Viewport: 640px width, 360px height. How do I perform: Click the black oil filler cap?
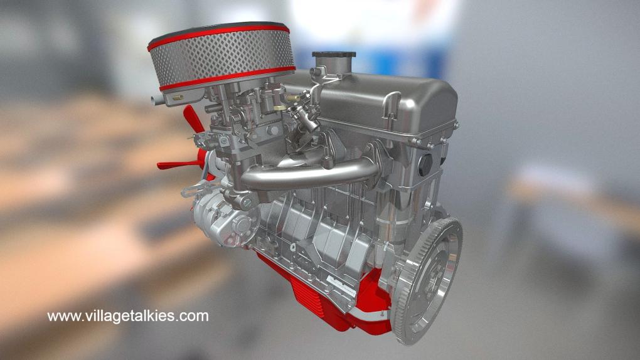(x=334, y=55)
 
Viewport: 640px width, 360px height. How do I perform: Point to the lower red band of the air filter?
(x=227, y=78)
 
